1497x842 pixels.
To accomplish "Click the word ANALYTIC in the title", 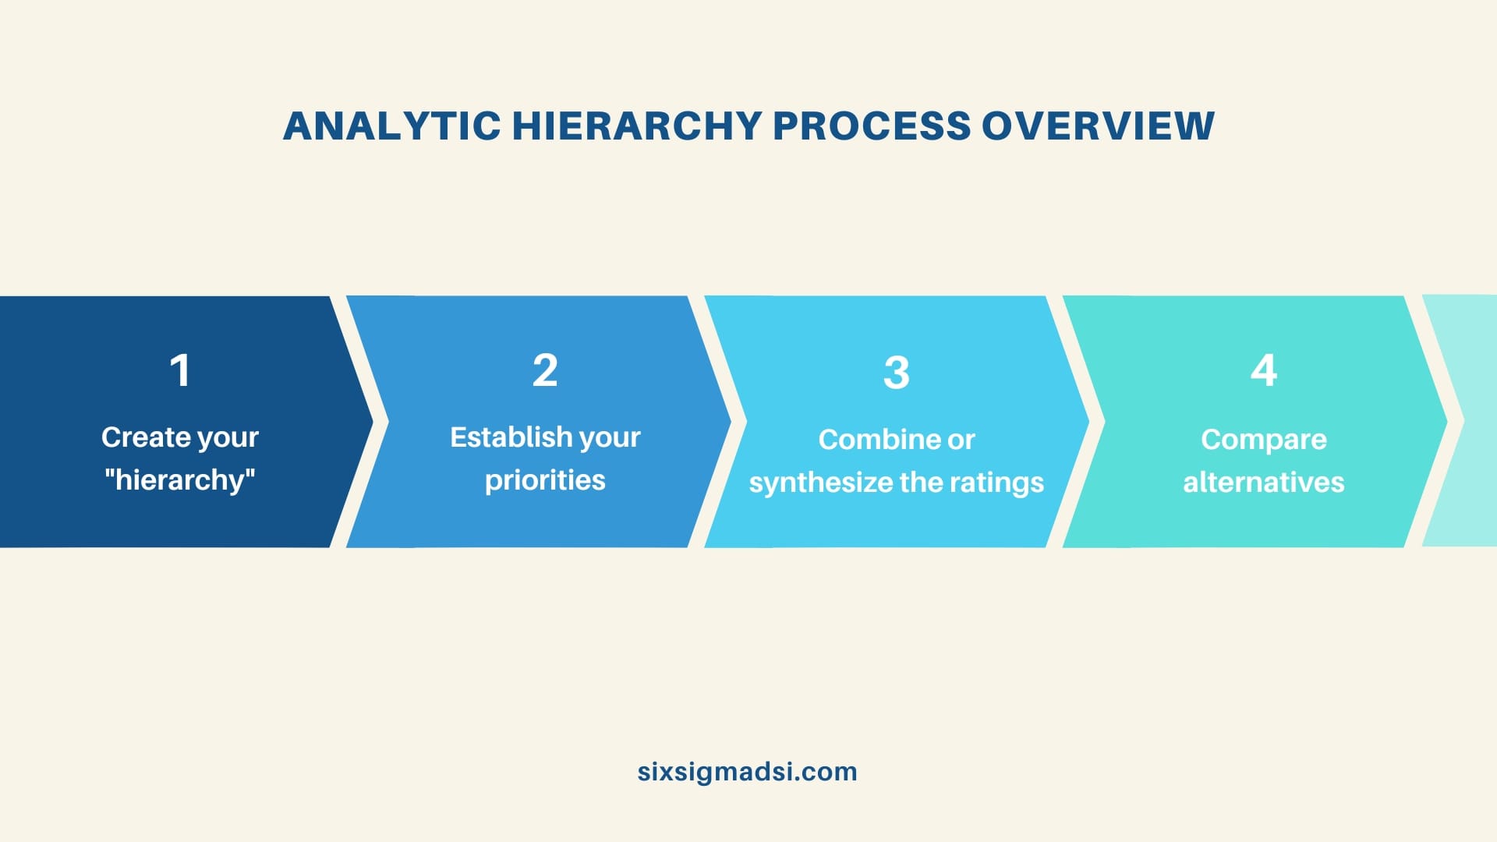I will [x=391, y=126].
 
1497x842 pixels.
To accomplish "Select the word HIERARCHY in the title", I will [x=636, y=126].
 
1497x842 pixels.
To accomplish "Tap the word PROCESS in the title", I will [x=871, y=126].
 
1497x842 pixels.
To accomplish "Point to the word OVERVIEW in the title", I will [x=1098, y=126].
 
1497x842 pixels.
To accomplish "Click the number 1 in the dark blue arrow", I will [x=180, y=370].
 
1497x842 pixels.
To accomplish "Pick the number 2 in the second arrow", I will [x=545, y=370].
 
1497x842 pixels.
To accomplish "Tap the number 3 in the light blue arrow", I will [x=897, y=373].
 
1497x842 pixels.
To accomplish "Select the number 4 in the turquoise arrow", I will [x=1264, y=370].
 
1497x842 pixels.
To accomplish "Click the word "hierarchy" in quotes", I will [x=180, y=479].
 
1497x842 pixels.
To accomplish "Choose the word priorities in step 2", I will [x=545, y=480].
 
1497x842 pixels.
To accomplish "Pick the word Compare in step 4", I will [x=1264, y=440].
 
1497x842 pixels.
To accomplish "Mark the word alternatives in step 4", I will [x=1264, y=483].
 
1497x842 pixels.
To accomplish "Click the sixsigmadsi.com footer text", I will [x=747, y=772].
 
